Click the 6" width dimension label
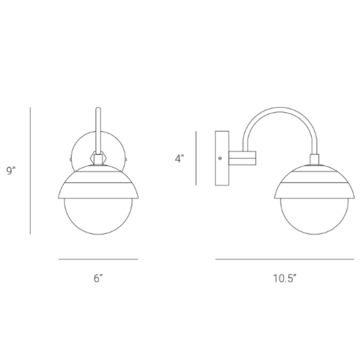[x=98, y=278]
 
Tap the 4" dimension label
[x=180, y=158]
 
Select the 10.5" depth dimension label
[x=285, y=278]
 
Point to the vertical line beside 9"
[x=30, y=171]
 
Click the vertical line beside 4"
[x=196, y=158]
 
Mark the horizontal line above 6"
[x=98, y=259]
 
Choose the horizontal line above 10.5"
[x=285, y=259]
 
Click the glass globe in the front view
[x=98, y=217]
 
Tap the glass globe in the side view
[x=314, y=217]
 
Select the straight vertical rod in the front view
[x=98, y=130]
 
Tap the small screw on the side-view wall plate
[x=220, y=158]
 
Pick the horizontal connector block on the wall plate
[x=242, y=158]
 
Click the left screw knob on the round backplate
[x=71, y=160]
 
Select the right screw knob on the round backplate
[x=126, y=160]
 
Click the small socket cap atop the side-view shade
[x=314, y=159]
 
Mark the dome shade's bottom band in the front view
[x=98, y=190]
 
